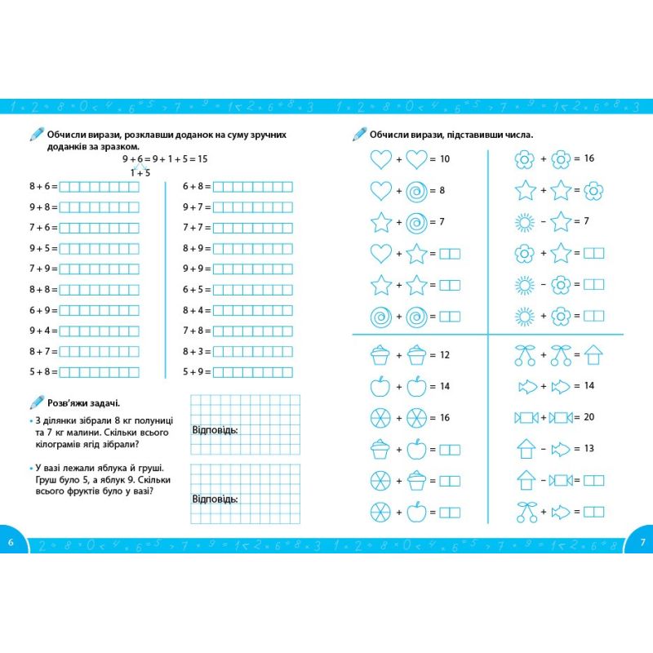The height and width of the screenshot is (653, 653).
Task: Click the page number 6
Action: click(x=11, y=543)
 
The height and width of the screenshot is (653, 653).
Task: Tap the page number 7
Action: click(x=642, y=543)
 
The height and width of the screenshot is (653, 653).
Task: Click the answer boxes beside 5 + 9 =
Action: click(x=253, y=371)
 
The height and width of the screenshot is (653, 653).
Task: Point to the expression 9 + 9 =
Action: click(x=197, y=269)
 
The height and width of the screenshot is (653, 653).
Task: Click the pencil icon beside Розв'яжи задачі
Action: click(x=36, y=402)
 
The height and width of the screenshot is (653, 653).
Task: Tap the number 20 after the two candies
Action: click(x=589, y=417)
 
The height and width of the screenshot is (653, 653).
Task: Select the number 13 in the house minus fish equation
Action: click(x=589, y=448)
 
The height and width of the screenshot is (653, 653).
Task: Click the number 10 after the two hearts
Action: click(x=444, y=159)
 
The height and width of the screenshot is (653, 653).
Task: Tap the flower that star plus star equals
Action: click(x=593, y=191)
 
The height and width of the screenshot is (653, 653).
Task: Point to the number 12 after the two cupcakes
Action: click(x=445, y=355)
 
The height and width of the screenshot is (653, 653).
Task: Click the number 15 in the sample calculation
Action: click(x=202, y=159)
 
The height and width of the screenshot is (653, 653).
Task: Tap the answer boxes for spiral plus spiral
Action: click(x=450, y=316)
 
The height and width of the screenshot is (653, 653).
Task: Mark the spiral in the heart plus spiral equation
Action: click(x=416, y=191)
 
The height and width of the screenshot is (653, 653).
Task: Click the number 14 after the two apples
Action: click(x=445, y=386)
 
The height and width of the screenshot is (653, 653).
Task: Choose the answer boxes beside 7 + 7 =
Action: click(x=253, y=228)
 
